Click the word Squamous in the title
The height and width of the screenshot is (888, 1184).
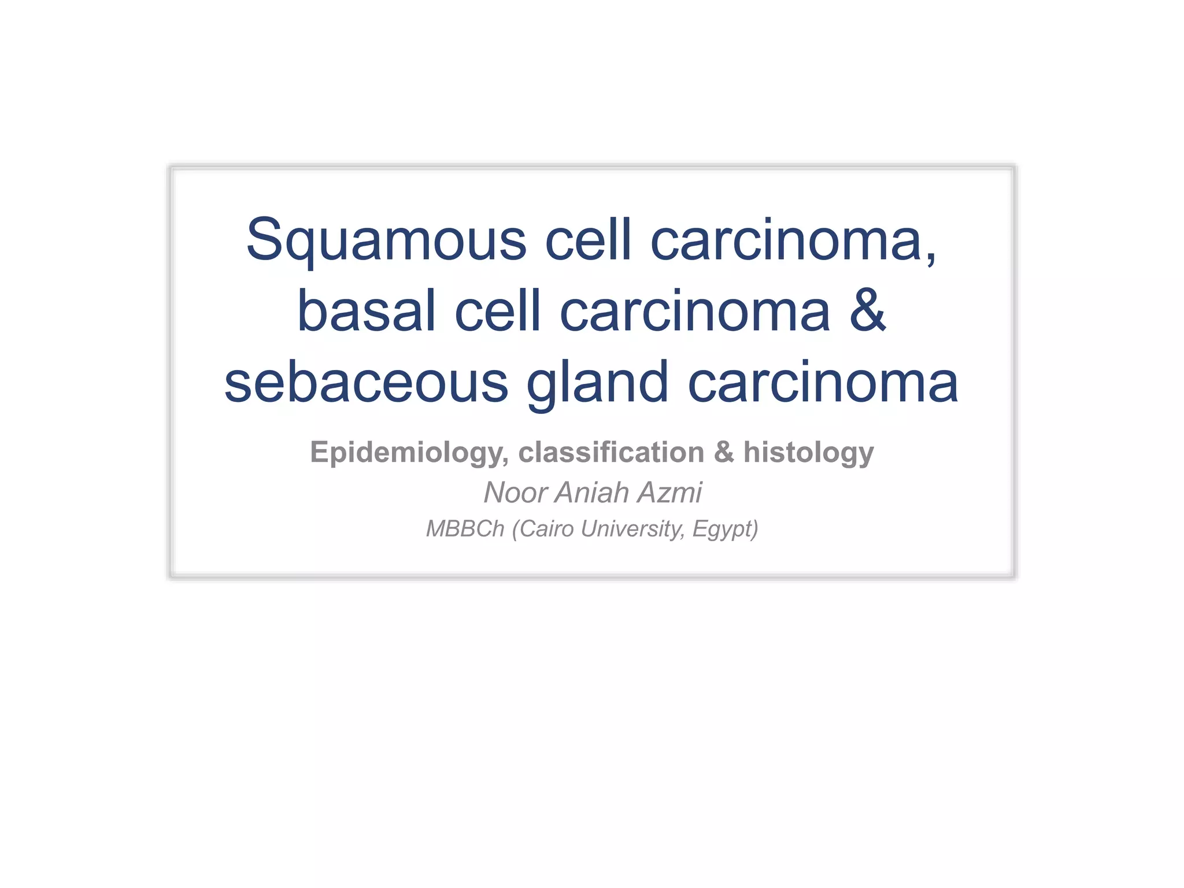coord(386,240)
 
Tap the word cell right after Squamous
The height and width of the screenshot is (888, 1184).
coord(588,239)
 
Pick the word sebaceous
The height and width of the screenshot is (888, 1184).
coord(366,383)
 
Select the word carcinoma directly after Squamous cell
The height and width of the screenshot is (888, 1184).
coord(792,240)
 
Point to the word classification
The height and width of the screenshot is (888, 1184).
coord(612,452)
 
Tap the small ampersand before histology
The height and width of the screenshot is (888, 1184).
coord(724,452)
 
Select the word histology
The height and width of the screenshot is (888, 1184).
coord(808,452)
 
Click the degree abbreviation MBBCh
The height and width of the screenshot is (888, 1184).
coord(465,529)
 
